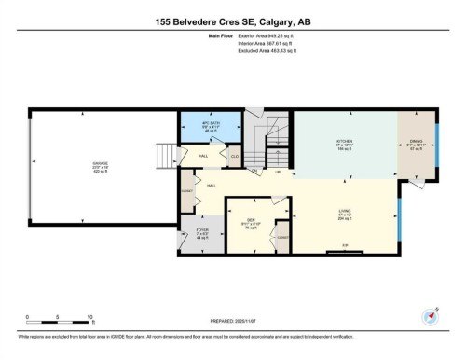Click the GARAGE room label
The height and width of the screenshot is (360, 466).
(x=100, y=164)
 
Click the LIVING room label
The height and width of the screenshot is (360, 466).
(x=345, y=213)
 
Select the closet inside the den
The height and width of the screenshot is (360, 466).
(x=282, y=238)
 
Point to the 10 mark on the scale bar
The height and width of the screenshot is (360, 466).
(x=89, y=316)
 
